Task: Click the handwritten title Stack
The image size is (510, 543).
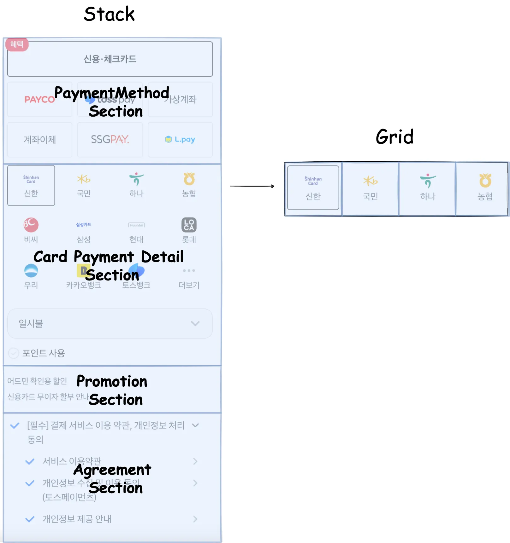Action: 109,14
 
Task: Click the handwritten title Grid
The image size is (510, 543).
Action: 394,136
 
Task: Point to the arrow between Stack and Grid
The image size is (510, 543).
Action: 252,186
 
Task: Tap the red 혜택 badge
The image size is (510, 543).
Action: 17,44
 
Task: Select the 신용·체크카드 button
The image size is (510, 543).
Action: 110,59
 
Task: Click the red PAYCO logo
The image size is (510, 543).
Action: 39,100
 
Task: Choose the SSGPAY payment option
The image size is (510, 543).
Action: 110,139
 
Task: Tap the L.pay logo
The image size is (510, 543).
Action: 180,139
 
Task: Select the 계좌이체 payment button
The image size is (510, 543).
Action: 40,139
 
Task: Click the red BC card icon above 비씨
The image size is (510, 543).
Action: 31,225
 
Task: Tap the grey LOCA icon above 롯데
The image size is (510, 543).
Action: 189,225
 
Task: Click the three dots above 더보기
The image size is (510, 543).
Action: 189,270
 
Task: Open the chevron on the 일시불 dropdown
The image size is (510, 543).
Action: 195,323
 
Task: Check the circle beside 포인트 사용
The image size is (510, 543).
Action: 14,353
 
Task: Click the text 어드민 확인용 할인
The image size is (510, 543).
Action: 37,381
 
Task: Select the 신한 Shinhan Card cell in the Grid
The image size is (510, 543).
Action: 313,188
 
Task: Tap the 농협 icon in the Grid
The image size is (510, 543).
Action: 485,181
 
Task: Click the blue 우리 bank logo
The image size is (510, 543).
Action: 31,270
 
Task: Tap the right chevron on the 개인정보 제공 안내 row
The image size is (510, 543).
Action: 195,519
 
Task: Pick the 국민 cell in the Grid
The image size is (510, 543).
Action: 370,188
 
